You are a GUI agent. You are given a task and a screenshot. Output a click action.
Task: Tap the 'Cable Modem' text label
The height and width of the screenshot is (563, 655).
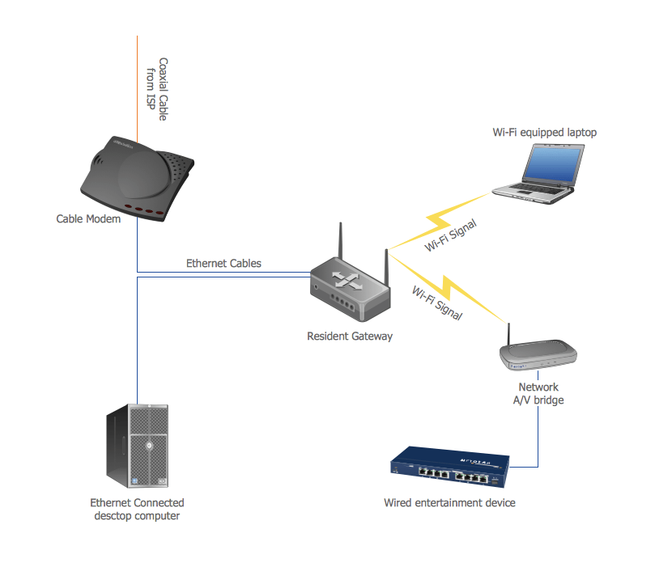[88, 219]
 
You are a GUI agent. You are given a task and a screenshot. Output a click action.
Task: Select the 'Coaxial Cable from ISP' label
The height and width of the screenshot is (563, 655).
[157, 89]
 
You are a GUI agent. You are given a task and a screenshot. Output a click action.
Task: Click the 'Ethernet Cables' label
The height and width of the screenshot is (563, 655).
[223, 264]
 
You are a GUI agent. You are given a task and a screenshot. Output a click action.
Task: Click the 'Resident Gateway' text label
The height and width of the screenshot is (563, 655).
[350, 336]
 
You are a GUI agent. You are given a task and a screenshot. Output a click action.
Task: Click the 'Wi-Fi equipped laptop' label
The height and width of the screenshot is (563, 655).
[545, 132]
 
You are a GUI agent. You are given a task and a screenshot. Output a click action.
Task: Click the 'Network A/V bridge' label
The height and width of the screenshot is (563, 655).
[538, 394]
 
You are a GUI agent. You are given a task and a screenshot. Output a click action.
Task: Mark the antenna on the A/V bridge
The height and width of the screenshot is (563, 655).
[509, 334]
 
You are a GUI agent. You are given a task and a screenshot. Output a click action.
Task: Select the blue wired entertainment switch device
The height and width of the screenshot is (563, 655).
[450, 470]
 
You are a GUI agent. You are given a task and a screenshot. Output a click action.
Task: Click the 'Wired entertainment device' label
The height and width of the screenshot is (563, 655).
[449, 503]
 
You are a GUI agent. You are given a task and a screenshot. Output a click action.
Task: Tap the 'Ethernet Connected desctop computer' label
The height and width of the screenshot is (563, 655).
[137, 510]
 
